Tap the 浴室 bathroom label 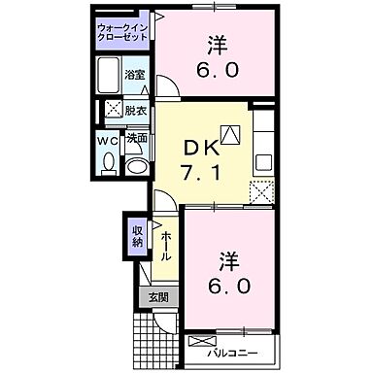pos(134,74)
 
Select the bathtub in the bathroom pos(108,74)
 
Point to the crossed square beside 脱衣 pos(114,110)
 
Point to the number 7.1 pos(203,174)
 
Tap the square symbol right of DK pos(229,135)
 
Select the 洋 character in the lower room pos(226,260)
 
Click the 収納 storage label pos(137,235)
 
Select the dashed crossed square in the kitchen pos(260,189)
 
